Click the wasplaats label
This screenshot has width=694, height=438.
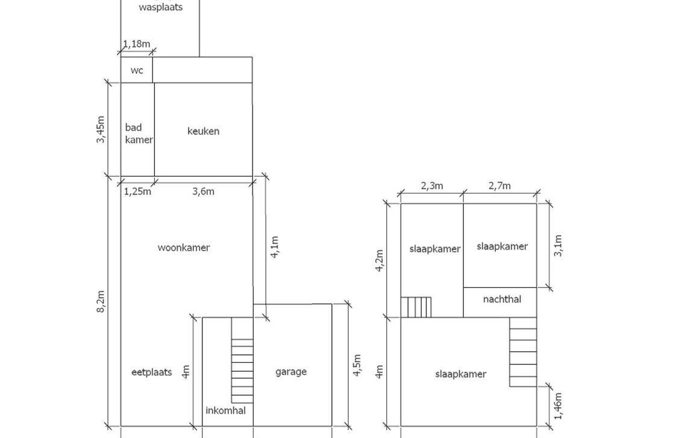tap(160, 8)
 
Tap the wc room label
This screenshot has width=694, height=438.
tap(137, 70)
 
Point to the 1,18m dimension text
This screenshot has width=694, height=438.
tap(137, 44)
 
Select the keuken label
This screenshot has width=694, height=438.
tap(203, 131)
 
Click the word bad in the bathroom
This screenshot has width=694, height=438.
tap(133, 127)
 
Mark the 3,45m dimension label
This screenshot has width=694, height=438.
tap(101, 129)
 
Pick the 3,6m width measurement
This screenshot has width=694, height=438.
tap(203, 192)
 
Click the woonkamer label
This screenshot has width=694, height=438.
tap(184, 247)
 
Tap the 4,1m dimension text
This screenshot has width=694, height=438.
tap(275, 247)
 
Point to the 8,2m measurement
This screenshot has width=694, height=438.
tap(101, 301)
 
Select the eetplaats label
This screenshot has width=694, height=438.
tap(151, 372)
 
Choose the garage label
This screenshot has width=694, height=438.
tap(291, 372)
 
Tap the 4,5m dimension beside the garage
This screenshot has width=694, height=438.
tap(357, 365)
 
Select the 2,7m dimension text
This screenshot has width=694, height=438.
tap(499, 186)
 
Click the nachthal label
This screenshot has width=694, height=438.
tap(502, 299)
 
